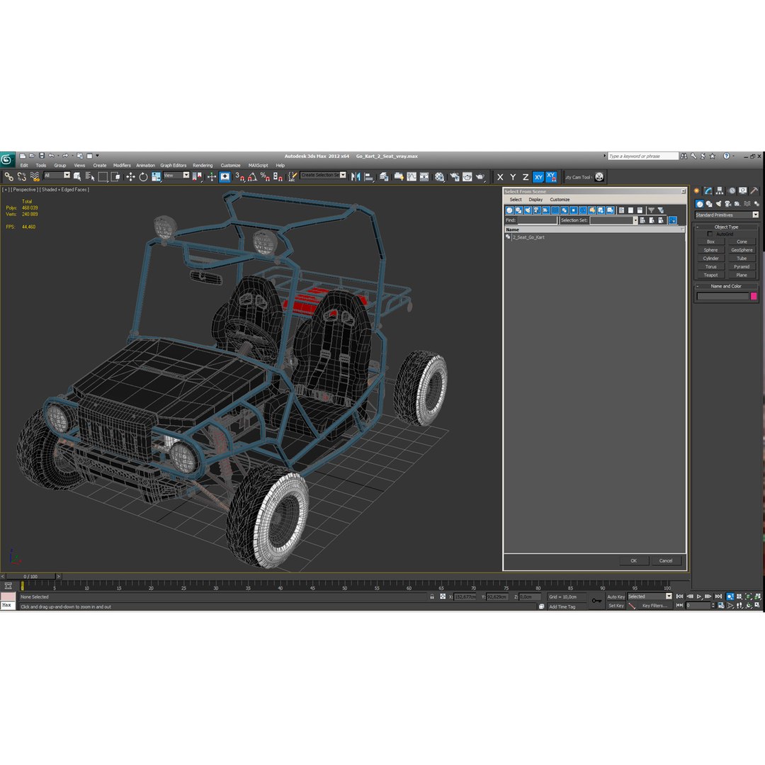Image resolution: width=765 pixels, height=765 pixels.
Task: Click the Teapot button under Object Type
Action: [710, 275]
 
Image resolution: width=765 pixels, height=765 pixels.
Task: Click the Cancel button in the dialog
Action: [666, 560]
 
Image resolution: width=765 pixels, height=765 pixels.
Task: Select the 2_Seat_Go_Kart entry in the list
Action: [528, 237]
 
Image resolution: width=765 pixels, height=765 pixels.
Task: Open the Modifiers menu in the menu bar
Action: [122, 165]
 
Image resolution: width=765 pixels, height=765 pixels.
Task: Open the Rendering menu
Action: [203, 165]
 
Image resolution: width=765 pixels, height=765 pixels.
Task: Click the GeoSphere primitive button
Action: [742, 250]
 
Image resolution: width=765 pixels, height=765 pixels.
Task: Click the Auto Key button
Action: [616, 596]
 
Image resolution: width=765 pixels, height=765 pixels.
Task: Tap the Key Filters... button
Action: [654, 606]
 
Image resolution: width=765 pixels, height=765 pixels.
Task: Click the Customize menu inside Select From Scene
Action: [560, 200]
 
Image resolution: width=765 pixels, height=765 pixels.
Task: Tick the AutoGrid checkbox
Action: [710, 234]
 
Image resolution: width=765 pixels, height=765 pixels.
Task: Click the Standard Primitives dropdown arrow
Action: [755, 215]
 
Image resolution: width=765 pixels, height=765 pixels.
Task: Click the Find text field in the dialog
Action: [537, 220]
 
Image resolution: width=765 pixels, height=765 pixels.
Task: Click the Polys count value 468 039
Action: [30, 208]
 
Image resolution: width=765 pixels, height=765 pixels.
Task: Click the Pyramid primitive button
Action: [742, 267]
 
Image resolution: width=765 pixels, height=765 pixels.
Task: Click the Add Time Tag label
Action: [562, 606]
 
